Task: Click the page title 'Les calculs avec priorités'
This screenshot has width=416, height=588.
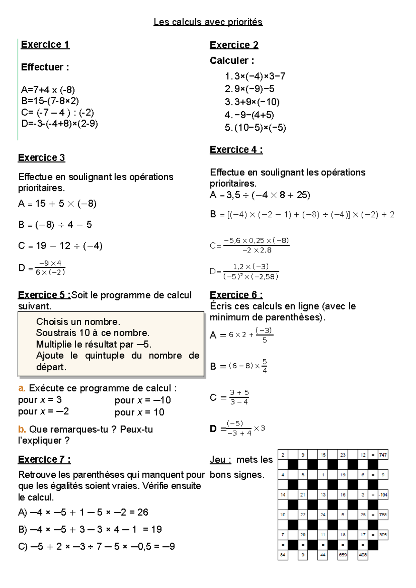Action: [208, 22]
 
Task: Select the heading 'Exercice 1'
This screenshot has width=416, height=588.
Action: [45, 45]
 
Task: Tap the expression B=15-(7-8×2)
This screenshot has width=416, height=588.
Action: [50, 101]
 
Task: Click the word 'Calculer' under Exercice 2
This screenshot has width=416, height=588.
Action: [229, 61]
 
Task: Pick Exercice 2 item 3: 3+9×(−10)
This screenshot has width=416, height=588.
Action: [252, 102]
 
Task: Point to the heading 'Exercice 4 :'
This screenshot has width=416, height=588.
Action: [236, 150]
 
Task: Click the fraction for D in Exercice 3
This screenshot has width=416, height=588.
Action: [50, 268]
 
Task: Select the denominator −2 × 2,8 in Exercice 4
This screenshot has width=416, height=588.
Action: [257, 250]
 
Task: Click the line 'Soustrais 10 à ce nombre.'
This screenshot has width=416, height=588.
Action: [93, 333]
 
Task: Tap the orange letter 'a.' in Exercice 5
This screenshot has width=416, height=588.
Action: [21, 388]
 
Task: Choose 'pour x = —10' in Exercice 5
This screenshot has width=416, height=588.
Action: [142, 400]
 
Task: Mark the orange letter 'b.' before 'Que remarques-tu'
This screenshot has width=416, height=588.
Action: [22, 429]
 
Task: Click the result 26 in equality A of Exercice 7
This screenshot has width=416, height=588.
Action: [142, 512]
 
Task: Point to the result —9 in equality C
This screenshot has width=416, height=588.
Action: [169, 546]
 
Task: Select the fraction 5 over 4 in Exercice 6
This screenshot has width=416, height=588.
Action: [265, 366]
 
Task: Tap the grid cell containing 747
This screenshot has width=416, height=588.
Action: [383, 455]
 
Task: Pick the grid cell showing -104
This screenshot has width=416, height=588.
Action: [383, 495]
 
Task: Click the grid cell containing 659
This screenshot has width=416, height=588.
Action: [343, 555]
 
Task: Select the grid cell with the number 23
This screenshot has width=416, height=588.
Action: [343, 455]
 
